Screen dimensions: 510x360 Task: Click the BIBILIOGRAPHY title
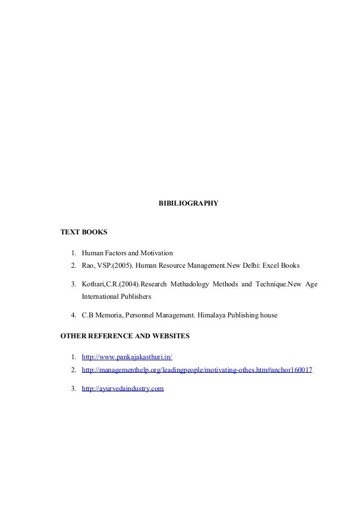187,202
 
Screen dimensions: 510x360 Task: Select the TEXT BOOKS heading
84,232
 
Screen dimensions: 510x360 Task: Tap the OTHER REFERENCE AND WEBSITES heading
125,336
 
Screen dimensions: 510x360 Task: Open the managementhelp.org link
197,370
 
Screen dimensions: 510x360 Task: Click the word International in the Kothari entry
102,296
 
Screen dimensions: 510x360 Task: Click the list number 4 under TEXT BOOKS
74,315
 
